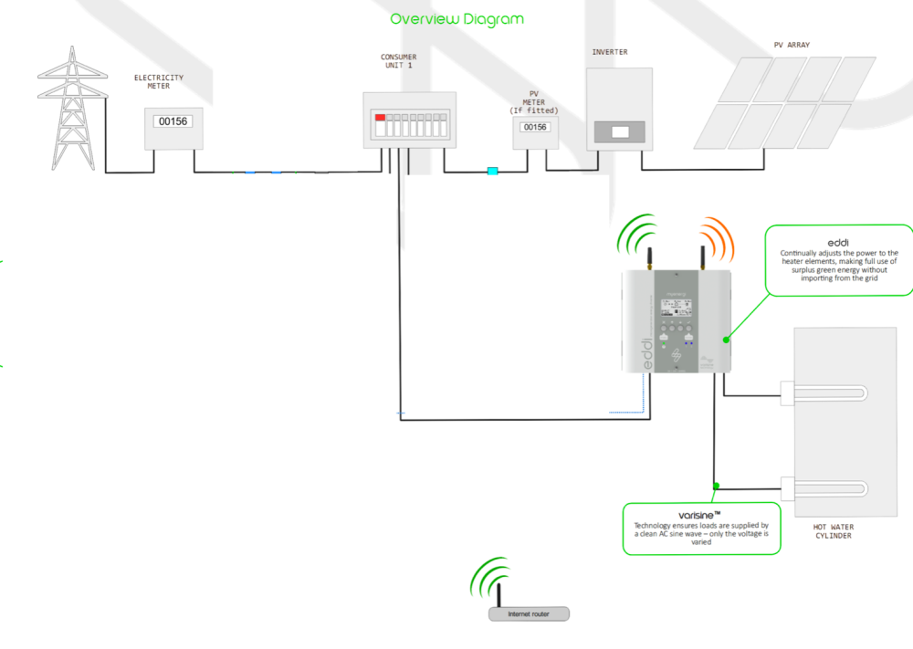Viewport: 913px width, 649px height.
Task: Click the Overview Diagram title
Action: (456, 18)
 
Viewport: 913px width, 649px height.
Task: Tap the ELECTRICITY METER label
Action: (159, 82)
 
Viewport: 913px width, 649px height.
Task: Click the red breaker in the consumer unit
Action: (380, 118)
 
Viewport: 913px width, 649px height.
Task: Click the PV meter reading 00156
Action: (534, 127)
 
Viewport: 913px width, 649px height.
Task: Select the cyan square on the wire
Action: (492, 171)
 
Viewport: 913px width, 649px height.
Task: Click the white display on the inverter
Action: (620, 132)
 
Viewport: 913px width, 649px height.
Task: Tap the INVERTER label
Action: (610, 52)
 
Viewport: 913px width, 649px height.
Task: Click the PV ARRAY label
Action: (792, 45)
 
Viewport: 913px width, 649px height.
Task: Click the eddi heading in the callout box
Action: (838, 241)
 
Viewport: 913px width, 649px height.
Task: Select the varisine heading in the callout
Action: (701, 515)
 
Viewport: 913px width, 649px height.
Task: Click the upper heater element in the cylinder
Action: (826, 394)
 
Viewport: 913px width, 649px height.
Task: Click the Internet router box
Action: (529, 614)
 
